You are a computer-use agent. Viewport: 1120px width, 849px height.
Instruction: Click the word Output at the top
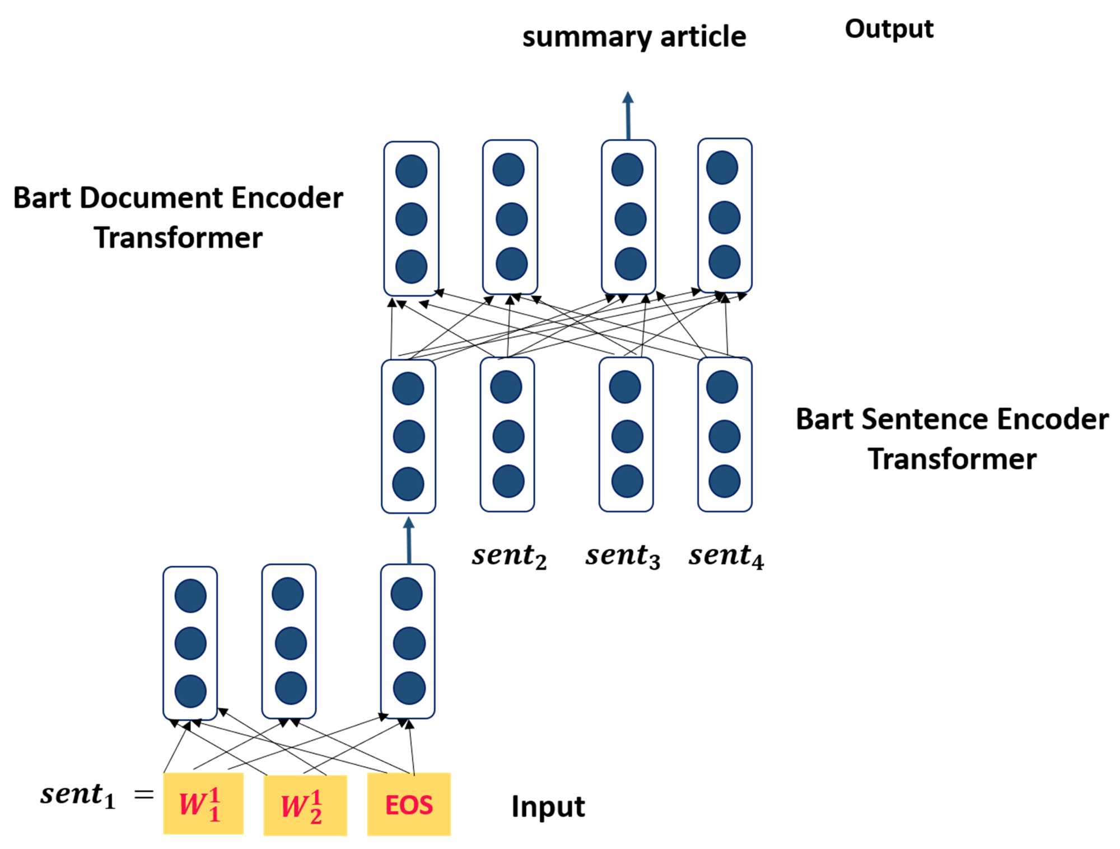pyautogui.click(x=889, y=29)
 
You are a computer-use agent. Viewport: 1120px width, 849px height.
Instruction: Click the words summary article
pyautogui.click(x=634, y=37)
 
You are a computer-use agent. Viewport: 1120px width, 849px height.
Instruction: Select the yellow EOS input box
pyautogui.click(x=409, y=804)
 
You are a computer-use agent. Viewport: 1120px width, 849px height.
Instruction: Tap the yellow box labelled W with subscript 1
pyautogui.click(x=203, y=803)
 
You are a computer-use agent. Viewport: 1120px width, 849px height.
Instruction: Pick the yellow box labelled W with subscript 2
pyautogui.click(x=305, y=805)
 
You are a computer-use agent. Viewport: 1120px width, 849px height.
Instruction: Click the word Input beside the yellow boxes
pyautogui.click(x=548, y=807)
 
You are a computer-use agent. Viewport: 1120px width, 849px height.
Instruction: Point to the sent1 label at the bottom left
pyautogui.click(x=78, y=795)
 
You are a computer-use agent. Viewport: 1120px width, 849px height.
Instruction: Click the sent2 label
pyautogui.click(x=509, y=556)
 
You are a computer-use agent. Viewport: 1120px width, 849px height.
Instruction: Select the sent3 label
pyautogui.click(x=623, y=556)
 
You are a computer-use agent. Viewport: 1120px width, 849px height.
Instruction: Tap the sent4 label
pyautogui.click(x=726, y=556)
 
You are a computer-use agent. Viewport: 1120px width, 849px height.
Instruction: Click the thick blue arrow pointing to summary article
pyautogui.click(x=628, y=115)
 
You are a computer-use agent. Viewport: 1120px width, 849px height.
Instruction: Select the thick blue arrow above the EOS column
pyautogui.click(x=409, y=540)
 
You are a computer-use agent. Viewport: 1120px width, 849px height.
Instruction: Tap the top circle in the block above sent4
pyautogui.click(x=722, y=387)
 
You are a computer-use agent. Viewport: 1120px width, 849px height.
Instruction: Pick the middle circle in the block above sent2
pyautogui.click(x=508, y=436)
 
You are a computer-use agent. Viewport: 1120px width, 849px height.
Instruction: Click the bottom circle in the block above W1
pyautogui.click(x=190, y=691)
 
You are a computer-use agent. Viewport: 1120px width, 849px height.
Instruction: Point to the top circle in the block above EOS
pyautogui.click(x=407, y=594)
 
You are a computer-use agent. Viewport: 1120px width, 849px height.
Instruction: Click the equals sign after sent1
pyautogui.click(x=144, y=794)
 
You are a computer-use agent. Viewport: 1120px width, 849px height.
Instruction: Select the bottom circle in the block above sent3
pyautogui.click(x=627, y=481)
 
